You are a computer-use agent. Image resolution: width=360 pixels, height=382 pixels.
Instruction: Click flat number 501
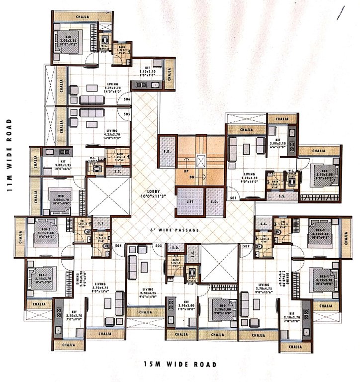tap(232, 198)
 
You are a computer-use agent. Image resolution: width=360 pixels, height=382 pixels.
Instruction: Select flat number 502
tap(246, 246)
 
